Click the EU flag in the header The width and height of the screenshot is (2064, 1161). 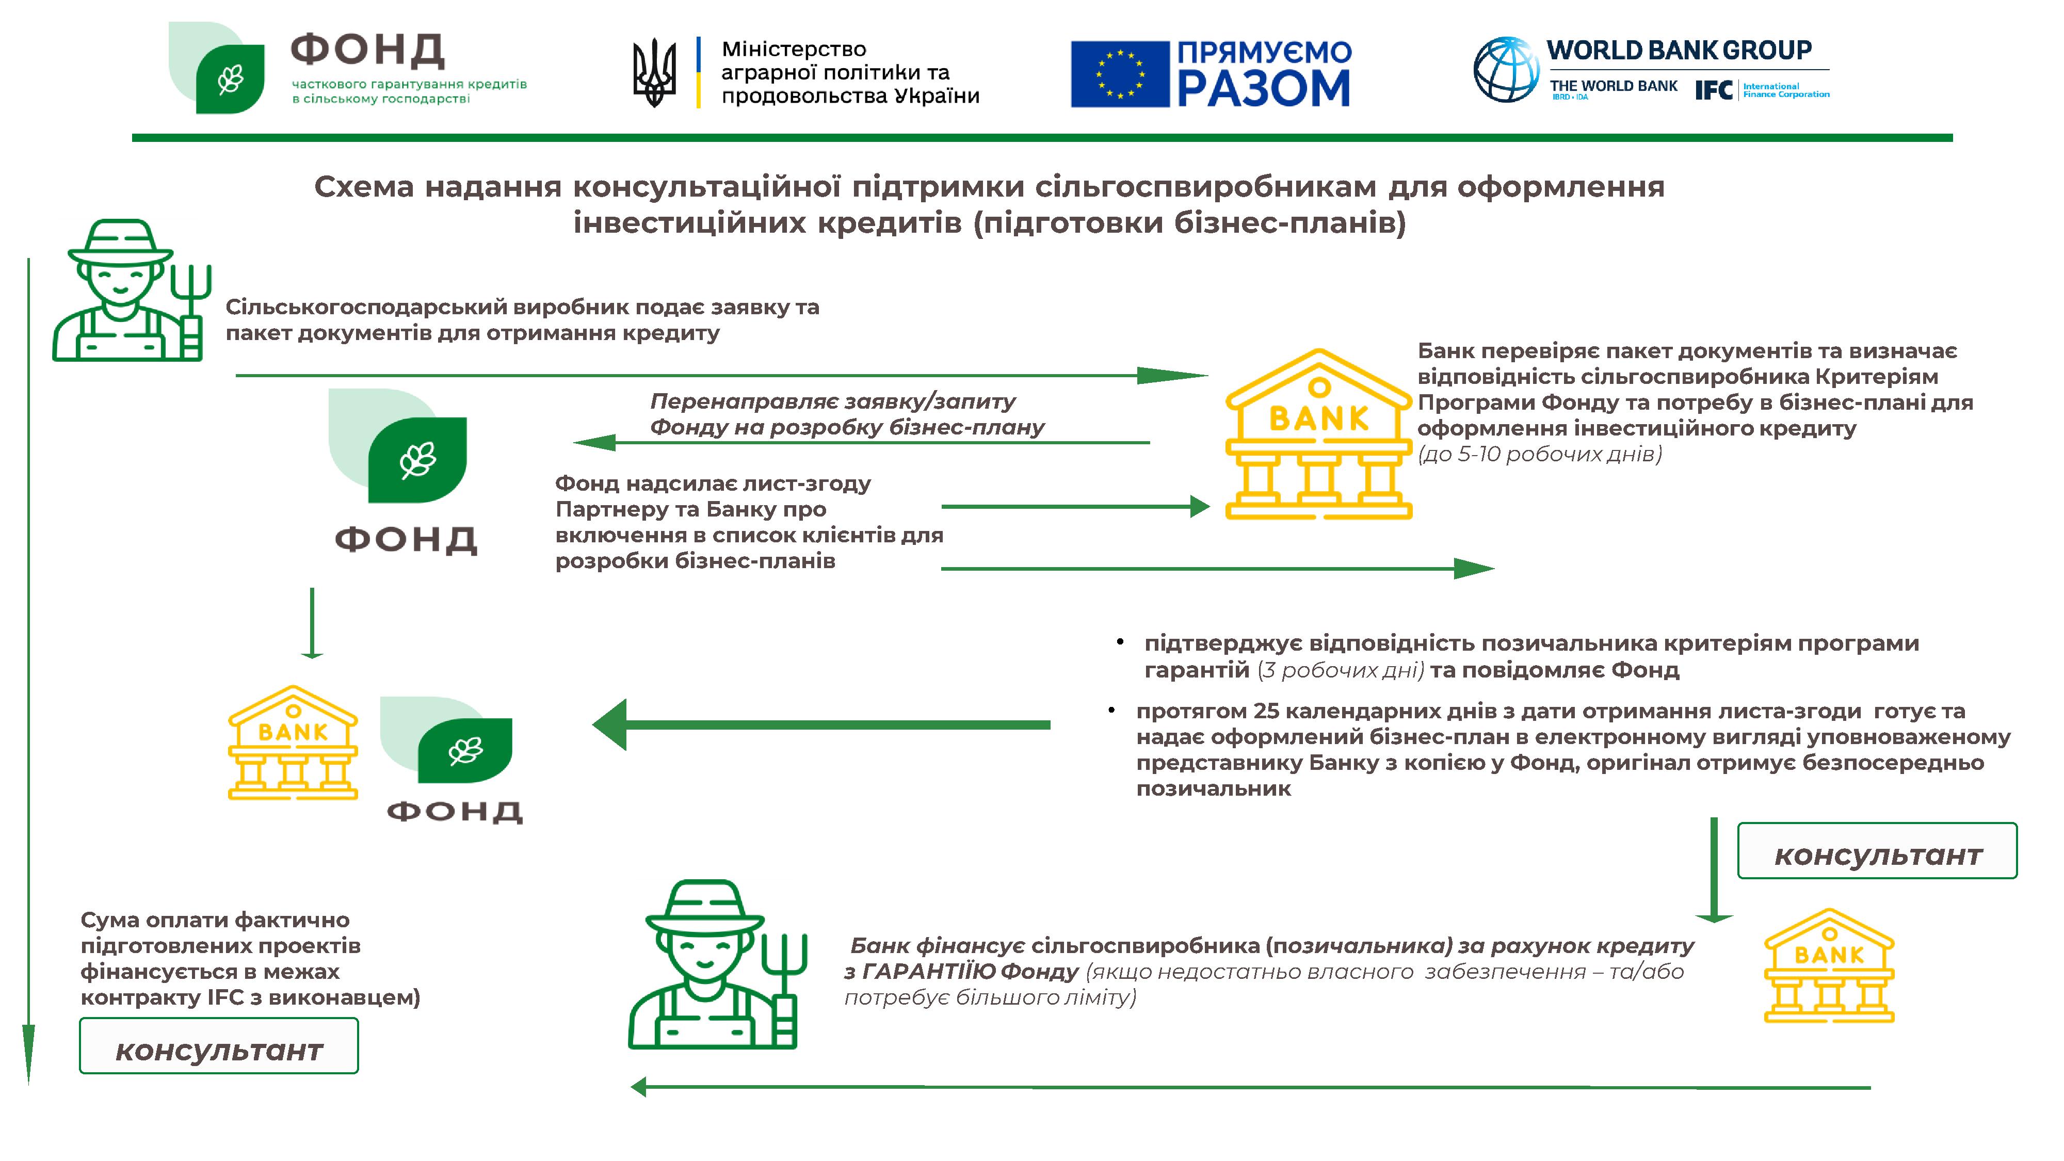[1119, 74]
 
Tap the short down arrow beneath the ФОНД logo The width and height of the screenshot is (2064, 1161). [312, 623]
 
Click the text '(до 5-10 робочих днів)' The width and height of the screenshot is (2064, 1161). [1539, 454]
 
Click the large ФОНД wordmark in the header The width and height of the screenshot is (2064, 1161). [367, 51]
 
